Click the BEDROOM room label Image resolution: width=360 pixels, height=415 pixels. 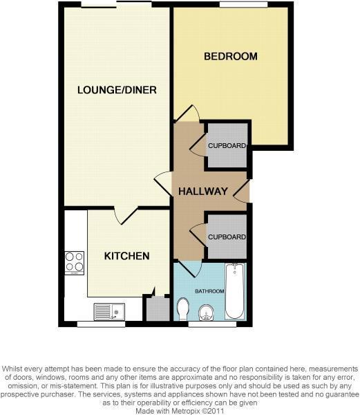[231, 57]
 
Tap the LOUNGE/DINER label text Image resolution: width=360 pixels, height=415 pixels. [117, 90]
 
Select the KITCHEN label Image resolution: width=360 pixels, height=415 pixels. [127, 256]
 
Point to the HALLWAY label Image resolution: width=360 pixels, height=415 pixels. [203, 192]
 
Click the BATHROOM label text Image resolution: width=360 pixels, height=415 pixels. [209, 291]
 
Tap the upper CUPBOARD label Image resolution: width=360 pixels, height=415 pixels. [227, 145]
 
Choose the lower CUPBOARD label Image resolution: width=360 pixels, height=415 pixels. [227, 237]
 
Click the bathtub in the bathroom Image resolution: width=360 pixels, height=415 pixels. [234, 291]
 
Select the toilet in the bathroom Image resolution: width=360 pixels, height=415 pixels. [183, 309]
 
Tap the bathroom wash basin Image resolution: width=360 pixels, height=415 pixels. [206, 313]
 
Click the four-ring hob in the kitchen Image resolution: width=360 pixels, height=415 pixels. [74, 263]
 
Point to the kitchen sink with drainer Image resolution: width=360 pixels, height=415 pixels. [109, 311]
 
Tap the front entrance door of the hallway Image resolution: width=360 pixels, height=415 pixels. [241, 191]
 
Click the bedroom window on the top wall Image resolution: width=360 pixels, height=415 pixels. [243, 5]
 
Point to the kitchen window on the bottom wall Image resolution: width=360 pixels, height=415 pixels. [101, 324]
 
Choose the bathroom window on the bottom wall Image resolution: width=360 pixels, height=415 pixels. [212, 324]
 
